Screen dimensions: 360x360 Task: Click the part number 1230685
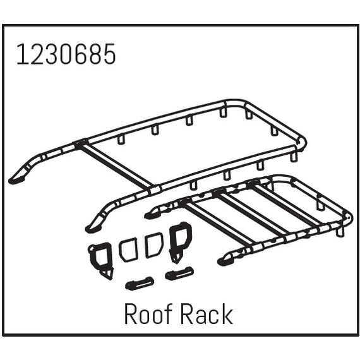66,54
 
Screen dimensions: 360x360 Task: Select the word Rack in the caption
207,314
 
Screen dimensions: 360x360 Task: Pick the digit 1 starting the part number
22,54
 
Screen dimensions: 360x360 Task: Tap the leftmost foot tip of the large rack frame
16,181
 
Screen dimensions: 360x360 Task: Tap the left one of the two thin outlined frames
128,250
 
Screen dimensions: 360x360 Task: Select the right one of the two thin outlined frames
154,245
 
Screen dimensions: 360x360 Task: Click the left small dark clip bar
140,284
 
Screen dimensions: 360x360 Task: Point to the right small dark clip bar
179,273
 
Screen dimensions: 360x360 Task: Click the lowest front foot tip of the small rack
224,261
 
